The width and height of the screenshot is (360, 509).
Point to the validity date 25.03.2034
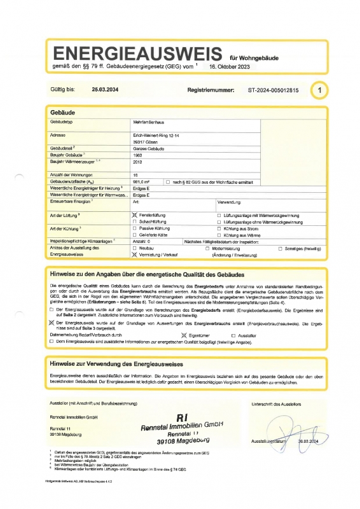(106, 90)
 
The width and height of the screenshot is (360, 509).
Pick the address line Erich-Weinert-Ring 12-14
(156, 136)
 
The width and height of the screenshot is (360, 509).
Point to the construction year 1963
(138, 155)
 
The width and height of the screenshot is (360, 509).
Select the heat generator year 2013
(138, 162)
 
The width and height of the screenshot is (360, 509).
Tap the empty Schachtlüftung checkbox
(134, 222)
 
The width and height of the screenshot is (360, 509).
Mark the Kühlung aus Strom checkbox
(219, 228)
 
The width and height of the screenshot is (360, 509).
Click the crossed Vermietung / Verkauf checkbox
(134, 254)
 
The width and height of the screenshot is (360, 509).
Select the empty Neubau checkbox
(134, 248)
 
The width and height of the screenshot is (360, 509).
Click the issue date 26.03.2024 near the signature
(314, 440)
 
